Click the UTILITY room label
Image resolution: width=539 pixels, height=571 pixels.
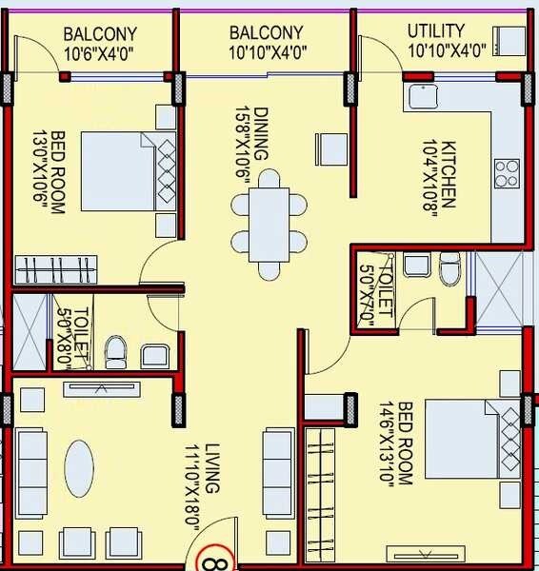pyautogui.click(x=435, y=30)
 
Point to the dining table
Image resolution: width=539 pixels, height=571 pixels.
pyautogui.click(x=269, y=225)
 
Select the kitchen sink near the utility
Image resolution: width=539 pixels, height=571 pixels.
pyautogui.click(x=421, y=97)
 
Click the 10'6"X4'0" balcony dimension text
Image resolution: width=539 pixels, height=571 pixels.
pyautogui.click(x=99, y=54)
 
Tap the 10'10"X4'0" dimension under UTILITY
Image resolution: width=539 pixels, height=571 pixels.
pyautogui.click(x=447, y=48)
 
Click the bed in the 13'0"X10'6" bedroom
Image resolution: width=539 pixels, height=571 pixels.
pyautogui.click(x=123, y=171)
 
